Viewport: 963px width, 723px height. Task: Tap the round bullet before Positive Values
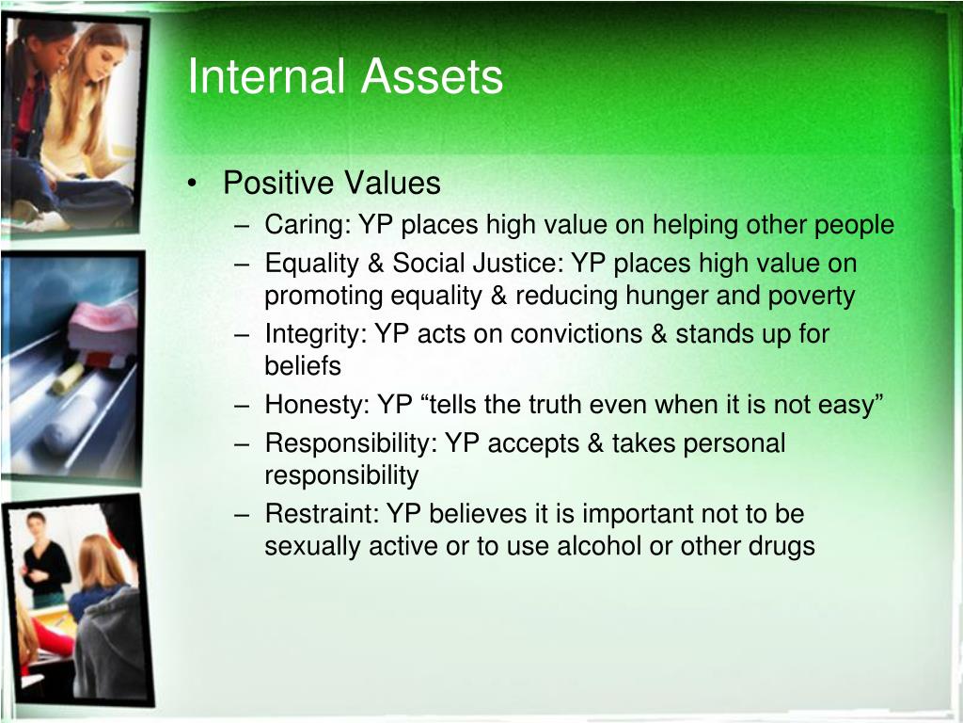(193, 184)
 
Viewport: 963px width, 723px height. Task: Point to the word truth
(548, 405)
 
